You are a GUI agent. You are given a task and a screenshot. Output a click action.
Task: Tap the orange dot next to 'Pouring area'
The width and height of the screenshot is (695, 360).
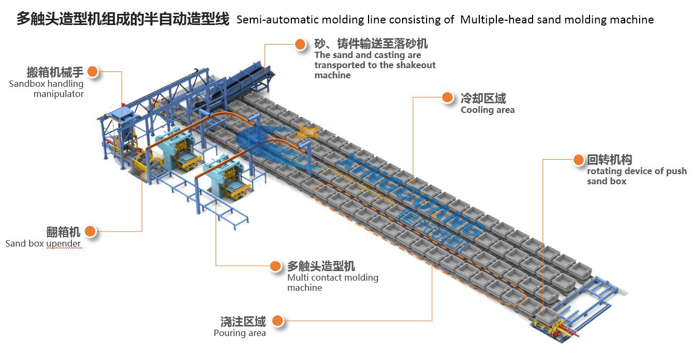[276, 321]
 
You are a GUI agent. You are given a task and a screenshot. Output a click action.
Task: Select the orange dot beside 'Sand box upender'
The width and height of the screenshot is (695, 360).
[90, 231]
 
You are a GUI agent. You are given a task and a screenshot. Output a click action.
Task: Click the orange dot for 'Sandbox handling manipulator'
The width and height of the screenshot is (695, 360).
[93, 71]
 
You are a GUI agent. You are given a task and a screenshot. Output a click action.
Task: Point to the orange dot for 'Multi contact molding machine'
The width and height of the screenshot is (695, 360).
[275, 265]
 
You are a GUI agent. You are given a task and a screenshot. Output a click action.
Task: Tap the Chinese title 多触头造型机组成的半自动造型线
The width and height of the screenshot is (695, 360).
[123, 19]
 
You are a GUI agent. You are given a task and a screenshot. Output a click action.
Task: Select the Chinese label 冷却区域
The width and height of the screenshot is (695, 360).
[483, 98]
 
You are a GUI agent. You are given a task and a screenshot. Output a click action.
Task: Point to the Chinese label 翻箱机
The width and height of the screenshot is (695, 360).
[63, 232]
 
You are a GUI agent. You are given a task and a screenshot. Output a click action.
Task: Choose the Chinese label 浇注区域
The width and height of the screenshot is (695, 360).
[243, 321]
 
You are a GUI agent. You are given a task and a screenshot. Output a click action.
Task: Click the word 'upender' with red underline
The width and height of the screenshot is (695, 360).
[63, 243]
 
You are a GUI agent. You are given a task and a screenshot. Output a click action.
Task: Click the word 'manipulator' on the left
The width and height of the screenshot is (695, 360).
[59, 94]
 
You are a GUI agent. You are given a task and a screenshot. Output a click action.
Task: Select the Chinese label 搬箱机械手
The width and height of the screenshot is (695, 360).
[55, 72]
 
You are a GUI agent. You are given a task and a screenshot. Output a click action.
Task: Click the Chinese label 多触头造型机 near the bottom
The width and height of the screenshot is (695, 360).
[321, 266]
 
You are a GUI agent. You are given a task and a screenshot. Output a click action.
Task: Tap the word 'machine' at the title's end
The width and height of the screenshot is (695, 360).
[631, 20]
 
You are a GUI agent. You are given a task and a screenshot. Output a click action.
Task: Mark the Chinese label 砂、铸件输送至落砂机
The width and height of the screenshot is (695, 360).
[371, 44]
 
